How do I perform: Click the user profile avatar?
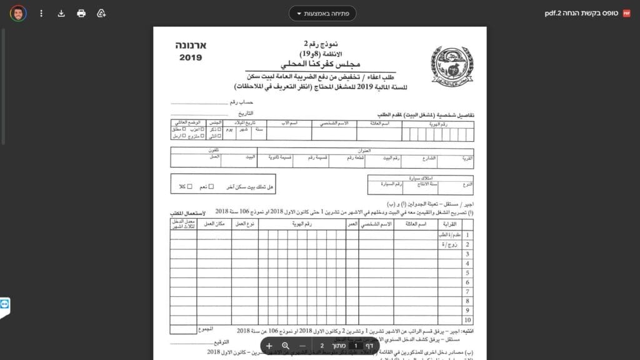18,13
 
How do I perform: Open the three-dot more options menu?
41,13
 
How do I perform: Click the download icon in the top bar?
61,13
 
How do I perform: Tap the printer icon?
81,13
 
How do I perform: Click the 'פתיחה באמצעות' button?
322,13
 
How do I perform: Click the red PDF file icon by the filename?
627,13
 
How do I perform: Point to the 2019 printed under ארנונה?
191,58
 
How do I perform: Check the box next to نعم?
211,186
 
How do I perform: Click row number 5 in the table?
466,274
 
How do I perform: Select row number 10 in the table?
466,321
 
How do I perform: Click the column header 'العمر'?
352,224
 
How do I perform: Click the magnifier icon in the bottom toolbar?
286,346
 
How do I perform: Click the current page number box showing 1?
355,346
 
